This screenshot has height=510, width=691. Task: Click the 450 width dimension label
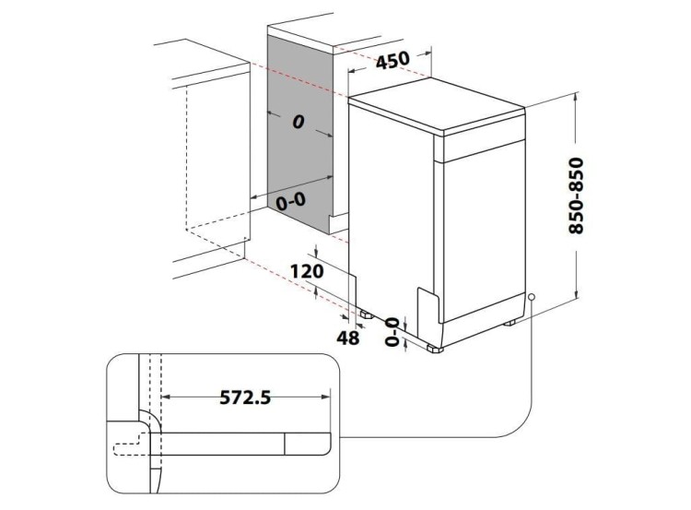tap(392, 61)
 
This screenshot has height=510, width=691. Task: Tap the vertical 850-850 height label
tap(578, 196)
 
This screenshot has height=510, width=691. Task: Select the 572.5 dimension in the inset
tap(244, 397)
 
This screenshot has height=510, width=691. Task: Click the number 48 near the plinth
tap(346, 338)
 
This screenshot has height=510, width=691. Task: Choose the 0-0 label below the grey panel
tap(292, 199)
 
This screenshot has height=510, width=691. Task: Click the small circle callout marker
tap(532, 297)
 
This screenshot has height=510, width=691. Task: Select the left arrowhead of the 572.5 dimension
tap(166, 397)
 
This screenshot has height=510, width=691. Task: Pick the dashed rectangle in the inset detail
tap(129, 448)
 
